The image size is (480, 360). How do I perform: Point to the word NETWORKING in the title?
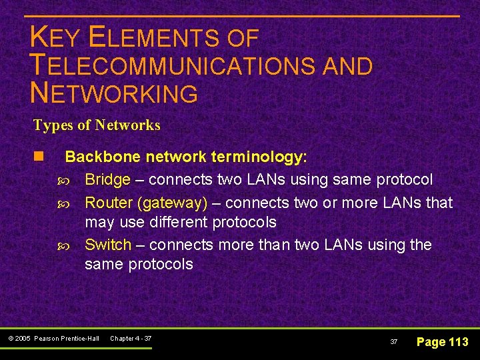pyautogui.click(x=114, y=93)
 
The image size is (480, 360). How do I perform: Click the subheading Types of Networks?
pyautogui.click(x=97, y=125)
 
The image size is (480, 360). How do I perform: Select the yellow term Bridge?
pyautogui.click(x=107, y=179)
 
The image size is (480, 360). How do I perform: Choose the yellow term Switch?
pyautogui.click(x=108, y=245)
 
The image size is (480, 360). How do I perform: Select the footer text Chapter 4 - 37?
pyautogui.click(x=131, y=339)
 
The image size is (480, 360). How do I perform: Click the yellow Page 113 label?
pyautogui.click(x=442, y=342)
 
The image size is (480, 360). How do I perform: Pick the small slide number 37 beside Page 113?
pyautogui.click(x=393, y=342)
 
